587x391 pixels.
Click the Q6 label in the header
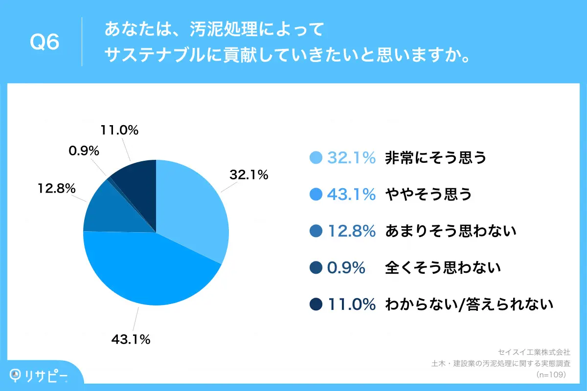(45, 43)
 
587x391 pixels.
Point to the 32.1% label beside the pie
(249, 174)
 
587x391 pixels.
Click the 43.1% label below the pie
(130, 339)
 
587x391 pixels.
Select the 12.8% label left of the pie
(56, 188)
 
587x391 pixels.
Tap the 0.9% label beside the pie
(84, 151)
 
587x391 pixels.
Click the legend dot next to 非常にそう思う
(316, 158)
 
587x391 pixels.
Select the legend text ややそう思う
(429, 195)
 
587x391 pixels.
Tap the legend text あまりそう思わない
(451, 231)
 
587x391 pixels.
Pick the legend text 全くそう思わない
(443, 268)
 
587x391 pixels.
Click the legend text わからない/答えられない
(469, 304)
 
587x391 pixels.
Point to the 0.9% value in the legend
(346, 268)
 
